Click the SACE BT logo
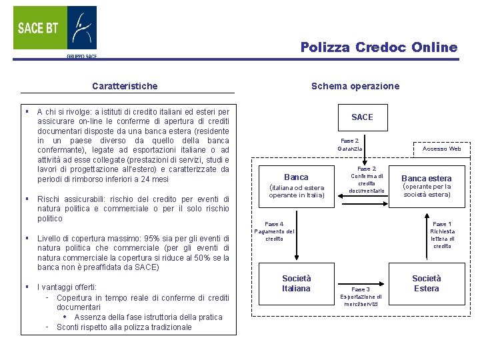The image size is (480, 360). (55, 30)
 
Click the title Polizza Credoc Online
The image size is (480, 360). (379, 47)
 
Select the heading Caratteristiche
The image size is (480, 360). (125, 86)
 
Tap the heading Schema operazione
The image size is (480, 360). (355, 86)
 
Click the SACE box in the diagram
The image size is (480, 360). (362, 117)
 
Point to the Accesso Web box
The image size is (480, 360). (442, 149)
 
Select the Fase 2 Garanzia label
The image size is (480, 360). (349, 145)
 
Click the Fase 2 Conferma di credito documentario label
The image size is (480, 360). (367, 180)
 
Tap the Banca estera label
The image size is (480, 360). (426, 179)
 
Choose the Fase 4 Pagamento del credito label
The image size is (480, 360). (274, 231)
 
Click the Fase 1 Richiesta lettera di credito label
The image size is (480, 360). (442, 235)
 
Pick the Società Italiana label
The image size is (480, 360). (296, 283)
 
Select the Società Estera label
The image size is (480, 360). (426, 283)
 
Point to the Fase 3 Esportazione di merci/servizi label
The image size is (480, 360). (361, 297)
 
